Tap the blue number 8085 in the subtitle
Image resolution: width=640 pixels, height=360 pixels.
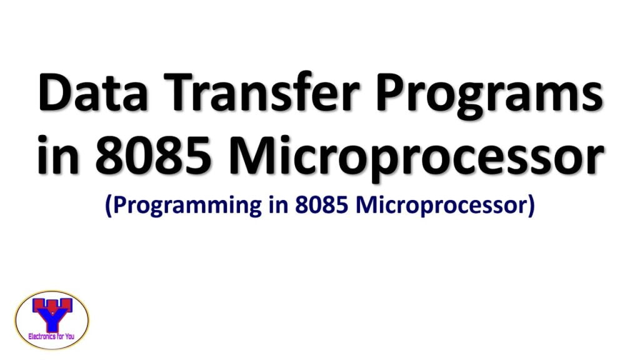click(316, 206)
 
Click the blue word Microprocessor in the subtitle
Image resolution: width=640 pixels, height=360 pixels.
click(441, 207)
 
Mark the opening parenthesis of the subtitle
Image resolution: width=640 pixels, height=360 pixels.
click(109, 207)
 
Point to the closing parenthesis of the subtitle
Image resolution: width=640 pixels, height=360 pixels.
click(532, 207)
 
